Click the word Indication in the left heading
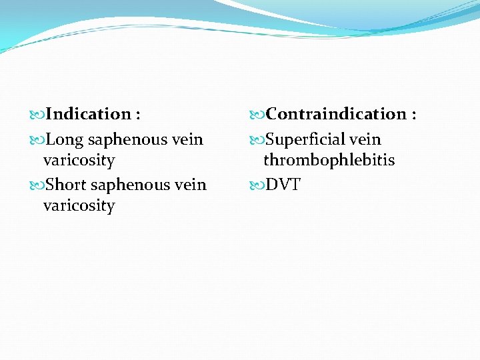[x=89, y=115]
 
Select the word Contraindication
[x=336, y=115]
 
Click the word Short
[x=67, y=185]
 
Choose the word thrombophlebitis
[x=329, y=161]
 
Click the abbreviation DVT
[x=283, y=185]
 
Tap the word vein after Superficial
[x=364, y=140]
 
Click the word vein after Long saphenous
[x=187, y=140]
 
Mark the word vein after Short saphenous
[x=190, y=185]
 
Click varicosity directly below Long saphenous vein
[x=79, y=161]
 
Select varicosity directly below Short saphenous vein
[x=79, y=206]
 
